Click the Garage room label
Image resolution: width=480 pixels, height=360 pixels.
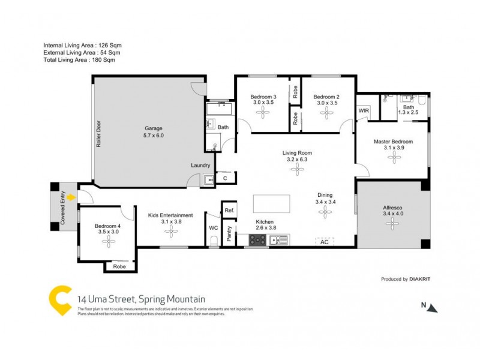click(153, 131)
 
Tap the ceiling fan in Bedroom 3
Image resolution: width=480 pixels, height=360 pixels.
click(263, 114)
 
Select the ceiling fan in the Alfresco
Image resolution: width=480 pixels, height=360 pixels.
click(393, 224)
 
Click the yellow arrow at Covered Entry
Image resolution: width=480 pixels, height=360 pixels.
click(71, 197)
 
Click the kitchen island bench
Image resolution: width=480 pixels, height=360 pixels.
click(271, 204)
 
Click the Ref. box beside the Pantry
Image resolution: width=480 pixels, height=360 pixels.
click(229, 211)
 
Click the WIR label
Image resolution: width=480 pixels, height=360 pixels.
click(364, 111)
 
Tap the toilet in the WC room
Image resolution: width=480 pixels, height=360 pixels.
click(214, 241)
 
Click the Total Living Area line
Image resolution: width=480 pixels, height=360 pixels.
click(79, 60)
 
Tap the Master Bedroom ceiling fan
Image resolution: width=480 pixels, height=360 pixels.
click(394, 157)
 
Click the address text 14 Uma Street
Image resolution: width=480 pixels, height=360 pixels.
click(141, 298)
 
